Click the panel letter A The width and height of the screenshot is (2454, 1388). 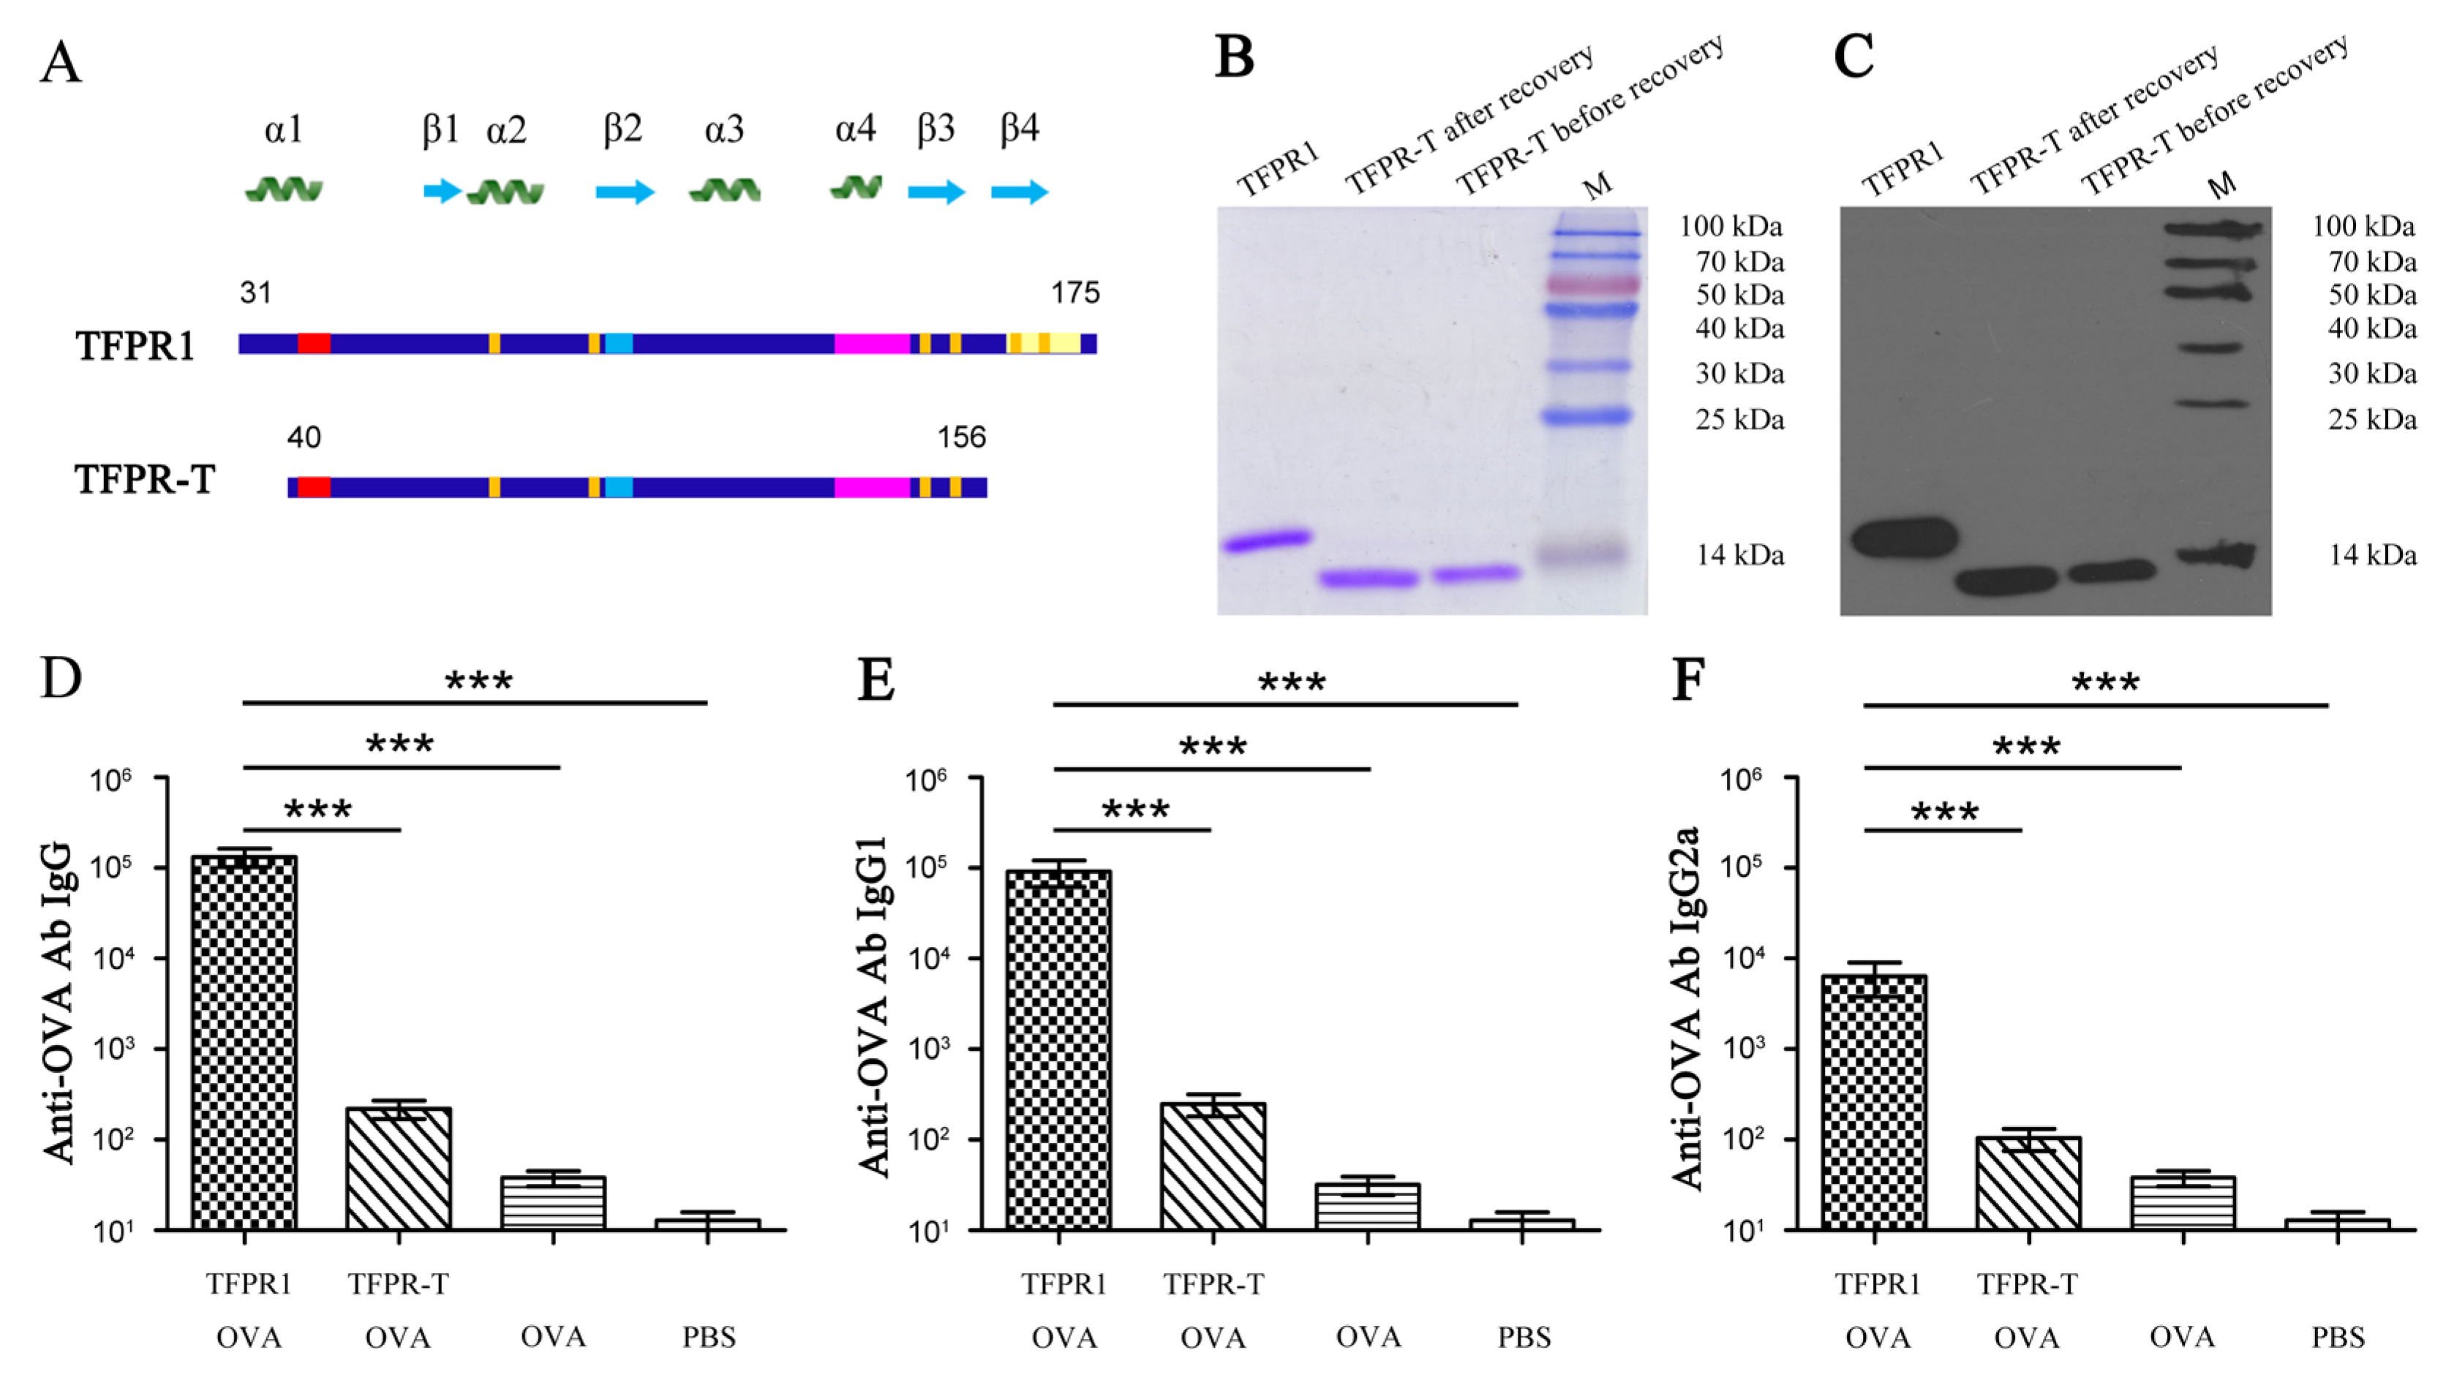point(61,63)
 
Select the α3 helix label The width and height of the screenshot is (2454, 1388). point(723,129)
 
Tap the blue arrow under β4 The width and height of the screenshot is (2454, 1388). point(1019,192)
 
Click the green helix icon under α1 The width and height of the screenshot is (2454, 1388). point(284,191)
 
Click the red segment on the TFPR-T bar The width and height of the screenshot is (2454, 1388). point(314,487)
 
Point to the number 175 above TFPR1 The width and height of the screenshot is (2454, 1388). point(1074,293)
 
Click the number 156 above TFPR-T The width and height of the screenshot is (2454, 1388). point(960,437)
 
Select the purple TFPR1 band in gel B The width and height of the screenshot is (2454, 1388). point(1267,541)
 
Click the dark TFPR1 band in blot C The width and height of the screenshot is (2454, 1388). point(1904,538)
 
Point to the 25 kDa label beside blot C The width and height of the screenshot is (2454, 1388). point(2371,420)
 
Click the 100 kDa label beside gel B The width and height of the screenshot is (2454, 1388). point(1729,227)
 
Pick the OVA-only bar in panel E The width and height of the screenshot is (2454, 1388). point(1367,1206)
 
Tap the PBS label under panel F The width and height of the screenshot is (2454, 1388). point(2337,1338)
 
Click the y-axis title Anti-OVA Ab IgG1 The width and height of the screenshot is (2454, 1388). point(873,1006)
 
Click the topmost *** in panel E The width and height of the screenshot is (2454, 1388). point(1291,682)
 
